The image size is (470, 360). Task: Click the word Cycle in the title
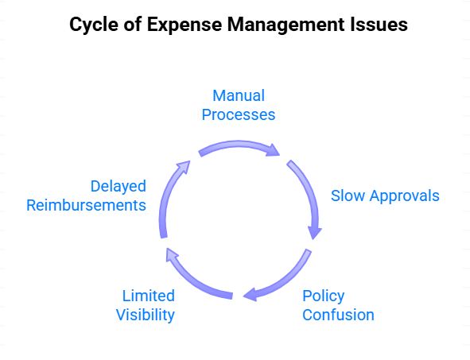94,25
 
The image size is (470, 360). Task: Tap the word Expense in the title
185,25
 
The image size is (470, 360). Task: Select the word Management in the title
285,25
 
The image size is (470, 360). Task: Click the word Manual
239,96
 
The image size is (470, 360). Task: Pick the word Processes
239,114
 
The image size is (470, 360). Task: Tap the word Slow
348,195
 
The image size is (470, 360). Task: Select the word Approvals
404,196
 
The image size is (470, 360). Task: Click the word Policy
324,296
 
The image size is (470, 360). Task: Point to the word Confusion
338,315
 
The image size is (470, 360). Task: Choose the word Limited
149,296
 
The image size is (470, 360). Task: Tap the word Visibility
146,315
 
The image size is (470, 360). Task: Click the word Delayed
118,186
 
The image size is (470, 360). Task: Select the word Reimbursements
87,206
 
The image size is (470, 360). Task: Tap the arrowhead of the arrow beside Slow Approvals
314,233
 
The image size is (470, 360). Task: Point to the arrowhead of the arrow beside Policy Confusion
250,295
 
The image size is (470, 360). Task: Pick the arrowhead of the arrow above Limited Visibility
172,254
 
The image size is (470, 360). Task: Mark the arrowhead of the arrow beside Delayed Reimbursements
185,167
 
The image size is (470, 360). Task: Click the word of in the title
133,25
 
